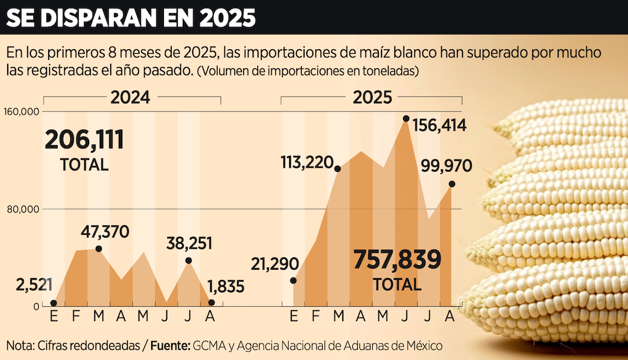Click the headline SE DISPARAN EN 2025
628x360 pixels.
pyautogui.click(x=131, y=18)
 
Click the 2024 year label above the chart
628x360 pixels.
pyautogui.click(x=130, y=97)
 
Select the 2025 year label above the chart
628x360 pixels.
pyautogui.click(x=372, y=97)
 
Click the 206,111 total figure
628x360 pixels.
pyautogui.click(x=84, y=140)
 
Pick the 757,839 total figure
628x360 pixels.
pyautogui.click(x=397, y=260)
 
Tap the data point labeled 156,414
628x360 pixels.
pyautogui.click(x=406, y=119)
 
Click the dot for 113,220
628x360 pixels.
pyautogui.click(x=338, y=168)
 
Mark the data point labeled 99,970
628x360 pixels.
pyautogui.click(x=452, y=184)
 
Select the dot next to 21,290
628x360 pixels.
pyautogui.click(x=294, y=280)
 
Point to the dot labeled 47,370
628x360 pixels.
pyautogui.click(x=99, y=249)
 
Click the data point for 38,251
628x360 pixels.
pyautogui.click(x=189, y=260)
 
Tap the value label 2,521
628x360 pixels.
pyautogui.click(x=34, y=286)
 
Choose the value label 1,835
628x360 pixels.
pyautogui.click(x=226, y=287)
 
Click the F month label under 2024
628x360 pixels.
pyautogui.click(x=76, y=317)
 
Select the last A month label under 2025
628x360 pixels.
pyautogui.click(x=450, y=317)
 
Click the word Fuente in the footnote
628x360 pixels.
pyautogui.click(x=170, y=346)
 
